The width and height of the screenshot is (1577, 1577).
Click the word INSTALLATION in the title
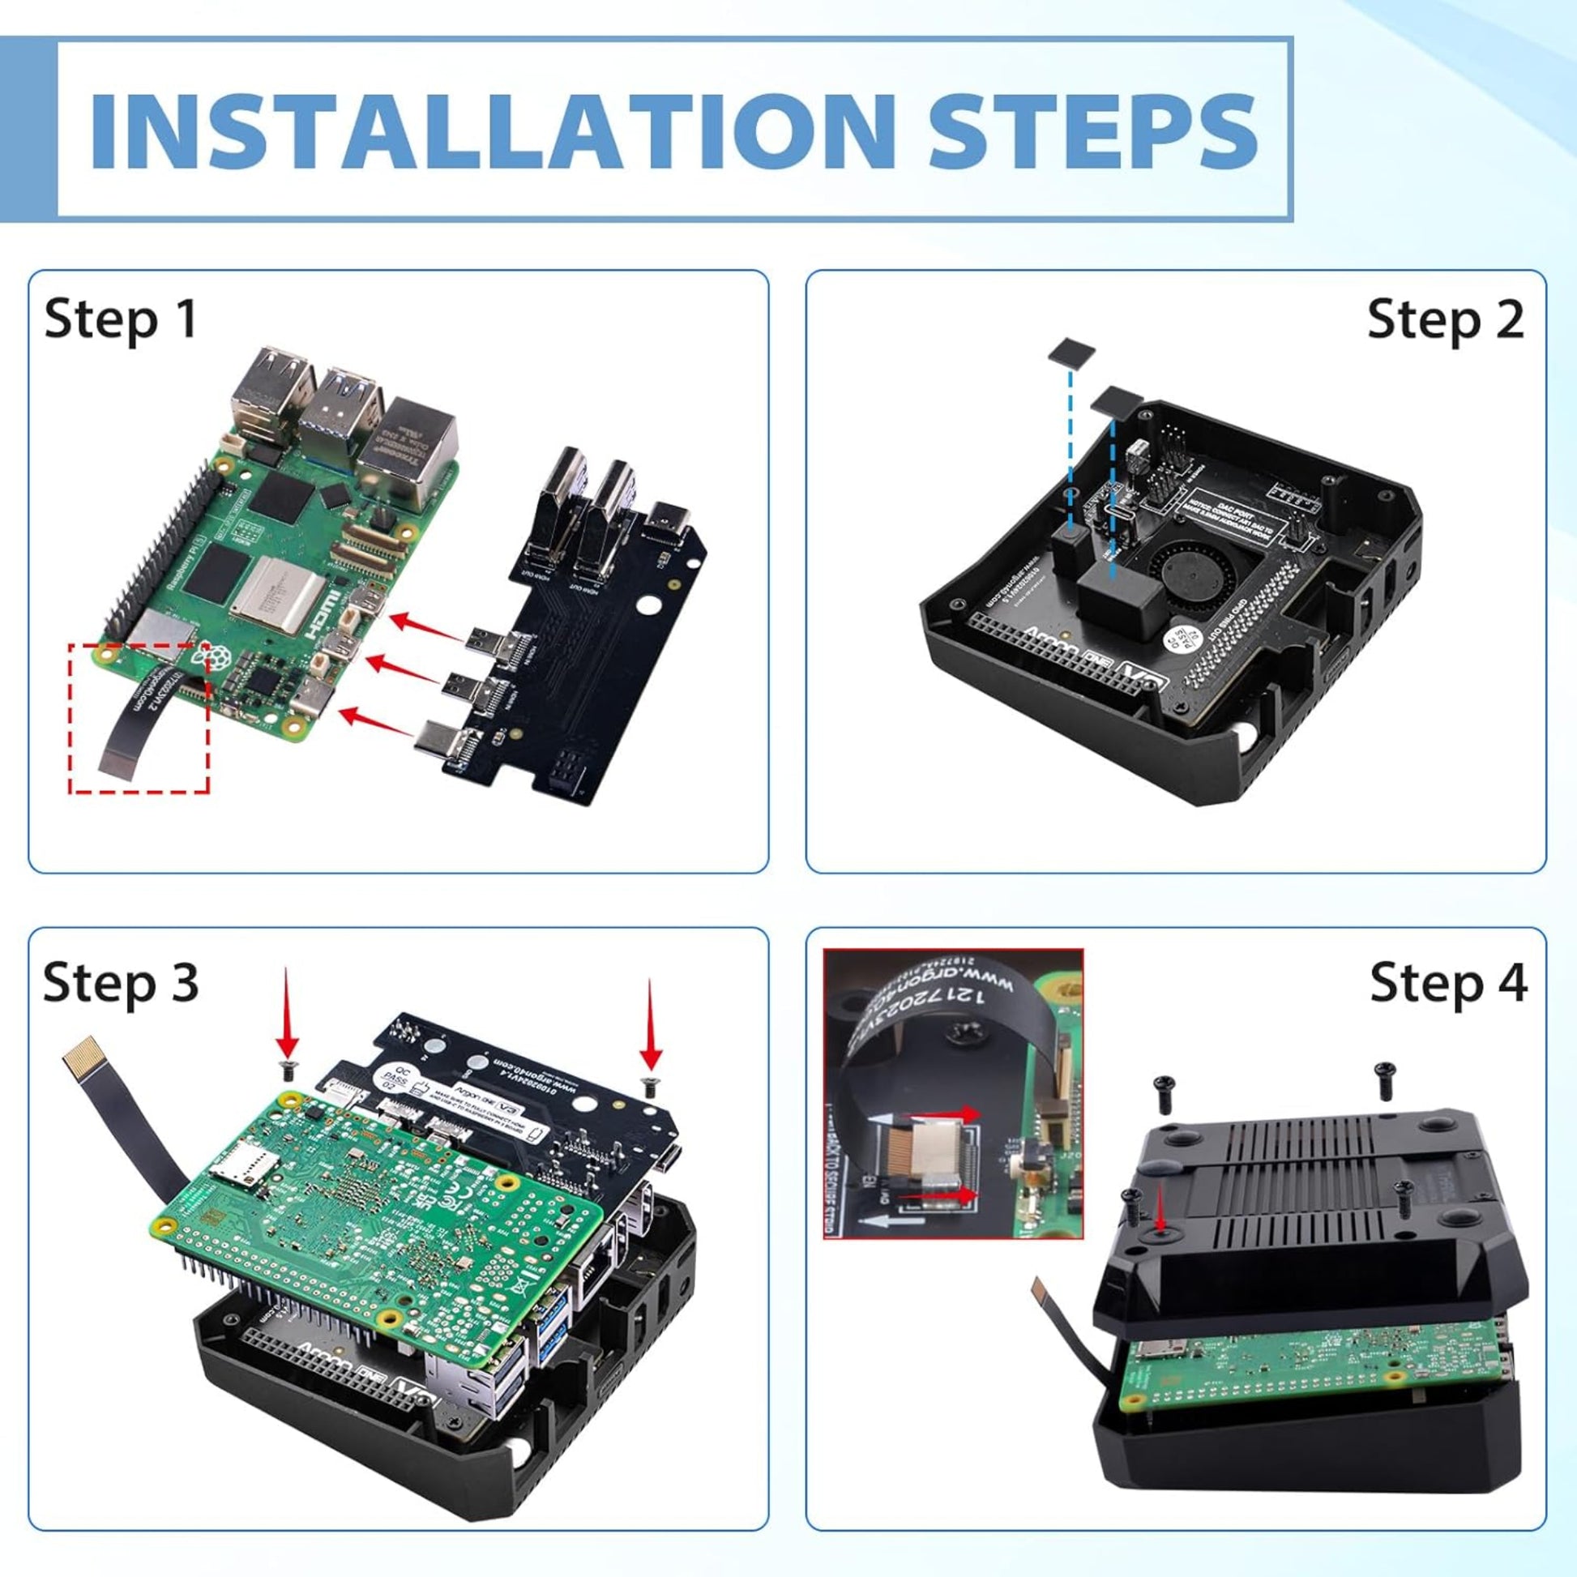pos(489,130)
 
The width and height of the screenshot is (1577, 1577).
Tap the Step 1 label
pos(121,319)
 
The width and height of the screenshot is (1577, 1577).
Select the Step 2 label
pos(1445,319)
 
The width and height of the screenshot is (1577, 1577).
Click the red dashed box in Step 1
pos(139,717)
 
